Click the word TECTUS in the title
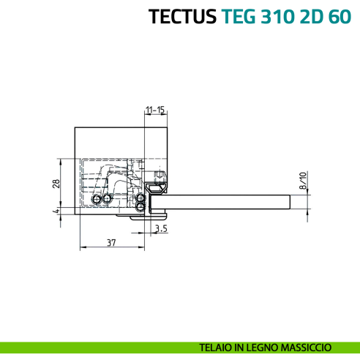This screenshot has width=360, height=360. (x=181, y=16)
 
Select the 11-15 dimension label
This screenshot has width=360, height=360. (x=154, y=110)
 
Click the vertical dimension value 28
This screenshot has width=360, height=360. (x=56, y=184)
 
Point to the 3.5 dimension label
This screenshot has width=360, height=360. (x=162, y=229)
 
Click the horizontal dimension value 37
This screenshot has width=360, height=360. (x=110, y=242)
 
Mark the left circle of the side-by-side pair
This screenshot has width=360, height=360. (x=94, y=199)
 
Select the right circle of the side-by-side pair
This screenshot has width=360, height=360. (x=107, y=198)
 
